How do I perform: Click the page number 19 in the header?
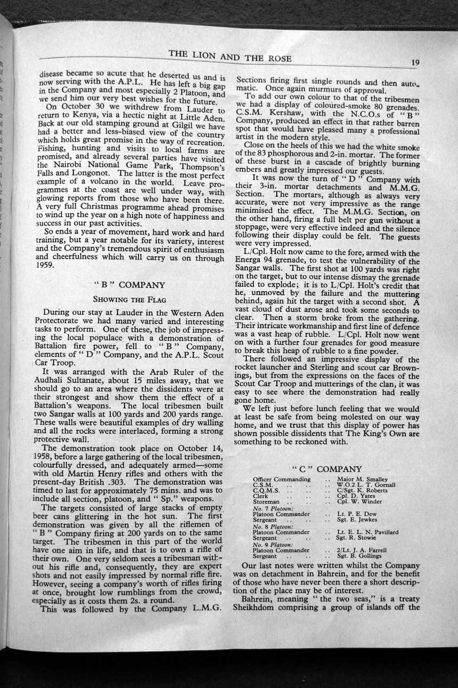tap(415, 62)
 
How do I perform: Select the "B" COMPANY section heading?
tap(128, 285)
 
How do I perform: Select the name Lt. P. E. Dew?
tap(354, 514)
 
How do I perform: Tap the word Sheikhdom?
tap(255, 607)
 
